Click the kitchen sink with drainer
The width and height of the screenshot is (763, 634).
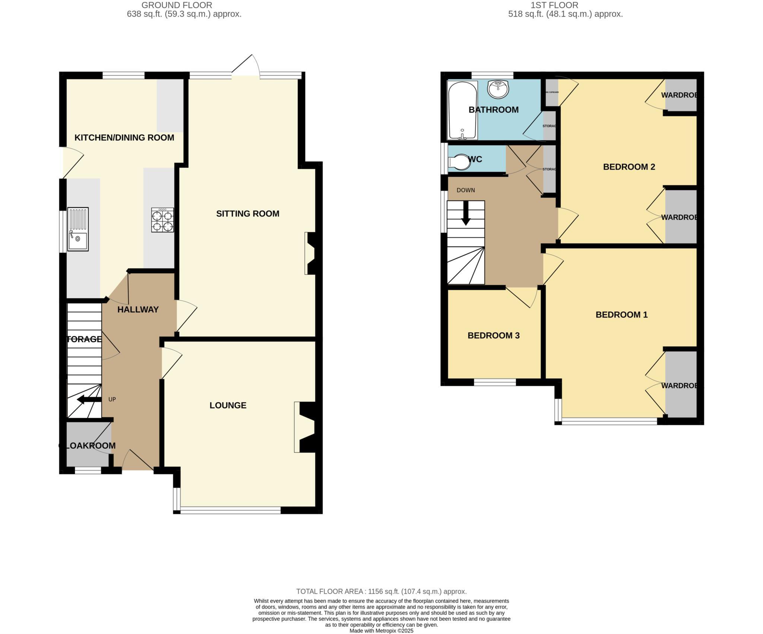(78, 229)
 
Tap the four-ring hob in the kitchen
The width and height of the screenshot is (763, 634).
(162, 220)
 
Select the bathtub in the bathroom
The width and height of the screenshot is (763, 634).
(462, 110)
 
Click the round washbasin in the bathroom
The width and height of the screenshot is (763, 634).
(498, 89)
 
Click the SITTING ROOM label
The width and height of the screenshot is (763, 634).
(247, 214)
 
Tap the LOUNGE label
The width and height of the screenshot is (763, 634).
(228, 405)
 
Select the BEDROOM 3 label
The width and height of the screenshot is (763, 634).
(493, 335)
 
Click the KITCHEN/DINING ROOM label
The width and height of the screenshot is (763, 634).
(124, 138)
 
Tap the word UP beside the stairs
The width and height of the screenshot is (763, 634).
(112, 399)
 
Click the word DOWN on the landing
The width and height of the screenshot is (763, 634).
(466, 190)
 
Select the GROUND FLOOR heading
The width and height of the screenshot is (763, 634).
(177, 5)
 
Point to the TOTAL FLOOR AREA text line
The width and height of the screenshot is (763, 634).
(381, 592)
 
